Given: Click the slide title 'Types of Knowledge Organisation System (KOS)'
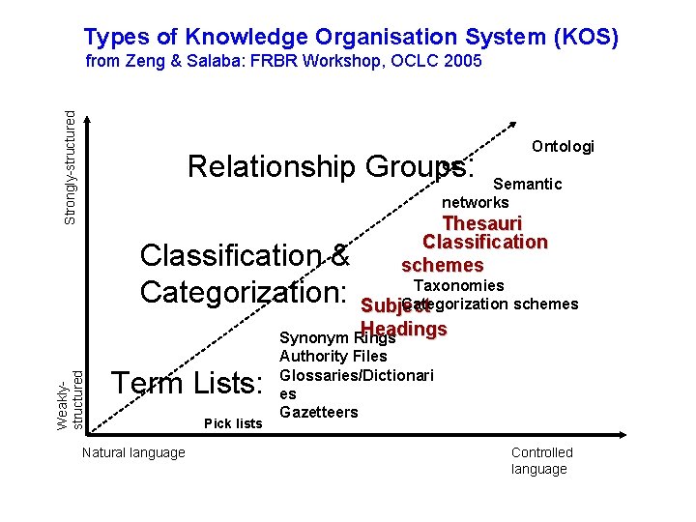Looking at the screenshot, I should click(x=351, y=37).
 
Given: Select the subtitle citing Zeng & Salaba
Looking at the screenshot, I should click(x=283, y=62).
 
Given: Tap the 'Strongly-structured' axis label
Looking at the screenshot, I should click(x=71, y=166).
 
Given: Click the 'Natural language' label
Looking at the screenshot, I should click(x=133, y=452).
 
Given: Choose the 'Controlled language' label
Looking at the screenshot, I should click(x=541, y=460).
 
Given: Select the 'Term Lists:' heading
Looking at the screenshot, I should click(x=188, y=384).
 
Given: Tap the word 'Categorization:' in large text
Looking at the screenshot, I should click(x=243, y=291).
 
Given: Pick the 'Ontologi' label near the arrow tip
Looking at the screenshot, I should click(x=563, y=146).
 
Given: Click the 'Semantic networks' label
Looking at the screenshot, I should click(x=502, y=192).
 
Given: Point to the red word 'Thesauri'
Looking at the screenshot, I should click(x=481, y=223).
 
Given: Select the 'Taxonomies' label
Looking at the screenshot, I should click(x=458, y=285).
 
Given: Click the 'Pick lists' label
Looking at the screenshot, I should click(x=233, y=423).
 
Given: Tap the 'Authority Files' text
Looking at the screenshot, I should click(x=333, y=357).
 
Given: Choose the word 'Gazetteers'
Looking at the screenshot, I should click(x=318, y=412).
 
